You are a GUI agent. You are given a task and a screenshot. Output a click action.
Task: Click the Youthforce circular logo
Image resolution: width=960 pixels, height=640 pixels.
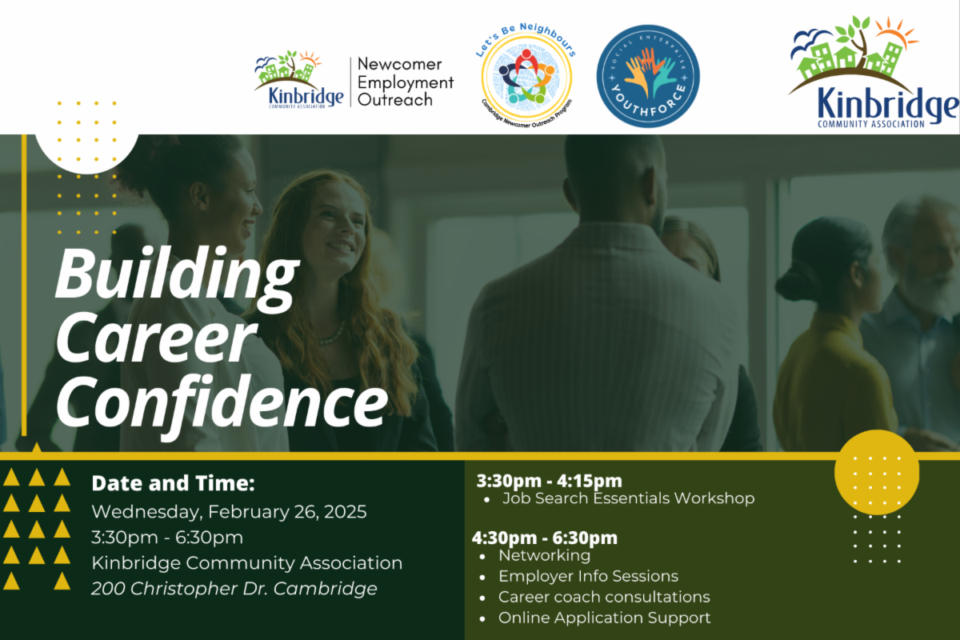(x=648, y=76)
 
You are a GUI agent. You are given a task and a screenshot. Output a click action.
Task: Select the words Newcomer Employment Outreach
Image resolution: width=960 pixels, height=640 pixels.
(x=405, y=82)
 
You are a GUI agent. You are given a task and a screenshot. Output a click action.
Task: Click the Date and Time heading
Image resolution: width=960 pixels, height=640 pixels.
(x=173, y=483)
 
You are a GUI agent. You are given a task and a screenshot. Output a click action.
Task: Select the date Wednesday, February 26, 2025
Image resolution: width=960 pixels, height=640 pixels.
(x=229, y=511)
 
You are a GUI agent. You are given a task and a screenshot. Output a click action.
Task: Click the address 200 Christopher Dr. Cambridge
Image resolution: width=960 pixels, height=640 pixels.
(x=234, y=589)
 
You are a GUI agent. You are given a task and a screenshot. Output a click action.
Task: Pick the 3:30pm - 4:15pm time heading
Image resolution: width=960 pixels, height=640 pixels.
(x=549, y=481)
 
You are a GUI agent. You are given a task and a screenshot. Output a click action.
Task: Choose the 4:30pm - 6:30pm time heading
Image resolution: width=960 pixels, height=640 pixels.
(x=544, y=538)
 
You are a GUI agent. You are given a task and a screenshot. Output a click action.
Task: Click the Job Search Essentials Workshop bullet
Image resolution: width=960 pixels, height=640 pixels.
(x=628, y=498)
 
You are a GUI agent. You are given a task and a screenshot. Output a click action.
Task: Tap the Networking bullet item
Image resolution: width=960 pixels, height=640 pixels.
(x=544, y=555)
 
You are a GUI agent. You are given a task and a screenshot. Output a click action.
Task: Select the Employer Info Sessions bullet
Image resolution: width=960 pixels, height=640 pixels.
(x=588, y=576)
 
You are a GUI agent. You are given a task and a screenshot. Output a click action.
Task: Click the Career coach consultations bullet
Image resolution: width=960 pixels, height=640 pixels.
(x=604, y=597)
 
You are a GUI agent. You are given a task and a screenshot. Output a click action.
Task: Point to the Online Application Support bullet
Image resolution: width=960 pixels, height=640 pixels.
(x=604, y=618)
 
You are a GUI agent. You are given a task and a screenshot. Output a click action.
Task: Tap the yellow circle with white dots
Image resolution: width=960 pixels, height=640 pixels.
(x=876, y=472)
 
